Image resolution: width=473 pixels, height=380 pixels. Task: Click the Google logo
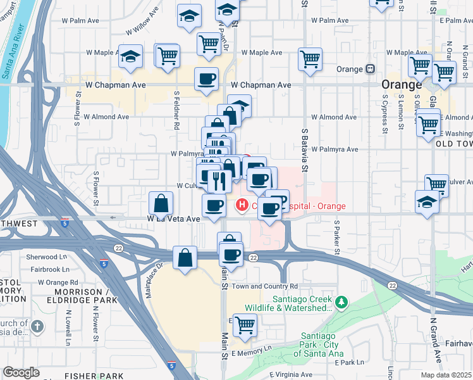[21, 372]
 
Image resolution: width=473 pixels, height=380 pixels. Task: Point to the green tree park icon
[342, 303]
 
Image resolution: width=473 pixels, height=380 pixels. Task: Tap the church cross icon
[37, 326]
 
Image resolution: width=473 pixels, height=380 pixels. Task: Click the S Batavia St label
[304, 149]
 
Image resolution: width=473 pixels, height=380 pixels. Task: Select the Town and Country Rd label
[265, 286]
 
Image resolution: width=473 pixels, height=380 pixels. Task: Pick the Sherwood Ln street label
[47, 257]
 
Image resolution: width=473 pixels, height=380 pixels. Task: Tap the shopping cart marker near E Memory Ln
[245, 325]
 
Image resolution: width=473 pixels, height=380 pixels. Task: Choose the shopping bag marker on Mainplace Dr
[185, 258]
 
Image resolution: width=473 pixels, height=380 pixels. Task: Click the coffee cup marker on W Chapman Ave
[206, 79]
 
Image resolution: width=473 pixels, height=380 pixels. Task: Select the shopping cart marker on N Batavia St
[310, 60]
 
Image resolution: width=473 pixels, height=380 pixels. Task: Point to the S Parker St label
[338, 238]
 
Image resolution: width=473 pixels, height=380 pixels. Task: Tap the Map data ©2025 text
[446, 375]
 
